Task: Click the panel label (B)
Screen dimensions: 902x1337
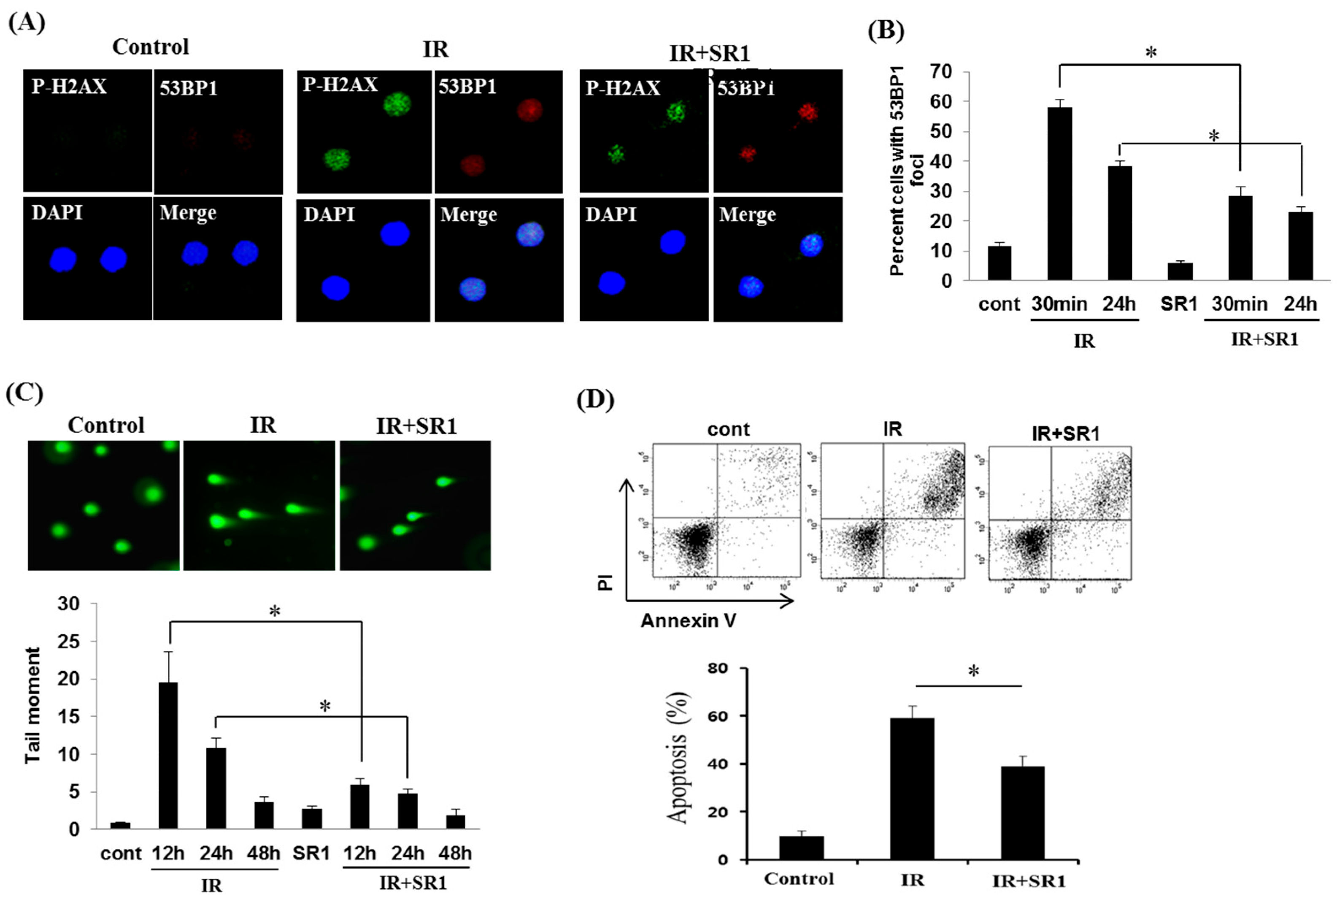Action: [x=886, y=30]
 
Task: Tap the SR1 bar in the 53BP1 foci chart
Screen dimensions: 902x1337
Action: [x=1180, y=271]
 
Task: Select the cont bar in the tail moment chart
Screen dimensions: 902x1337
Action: [x=120, y=826]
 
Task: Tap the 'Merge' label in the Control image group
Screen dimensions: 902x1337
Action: [x=188, y=213]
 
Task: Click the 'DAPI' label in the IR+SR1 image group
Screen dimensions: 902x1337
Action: [x=611, y=214]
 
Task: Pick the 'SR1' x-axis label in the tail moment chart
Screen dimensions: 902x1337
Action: [x=311, y=853]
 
